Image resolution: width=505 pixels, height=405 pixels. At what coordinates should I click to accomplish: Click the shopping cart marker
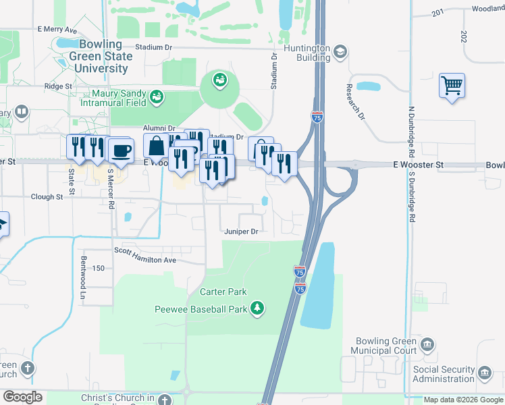[x=452, y=86]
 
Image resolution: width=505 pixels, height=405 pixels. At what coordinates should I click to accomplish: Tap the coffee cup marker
[x=121, y=151]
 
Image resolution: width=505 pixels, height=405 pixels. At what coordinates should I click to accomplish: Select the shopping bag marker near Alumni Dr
[x=157, y=146]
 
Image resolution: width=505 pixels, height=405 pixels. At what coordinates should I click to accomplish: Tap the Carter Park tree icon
[x=257, y=308]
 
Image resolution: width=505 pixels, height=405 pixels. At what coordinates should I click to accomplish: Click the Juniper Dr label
[x=242, y=232]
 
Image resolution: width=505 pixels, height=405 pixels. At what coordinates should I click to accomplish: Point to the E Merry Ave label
[x=57, y=30]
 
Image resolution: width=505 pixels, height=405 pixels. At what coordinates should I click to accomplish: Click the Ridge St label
[x=58, y=86]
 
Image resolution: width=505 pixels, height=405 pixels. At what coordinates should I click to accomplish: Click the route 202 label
[x=463, y=36]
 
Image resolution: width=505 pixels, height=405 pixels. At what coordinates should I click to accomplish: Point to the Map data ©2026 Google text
[x=462, y=400]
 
